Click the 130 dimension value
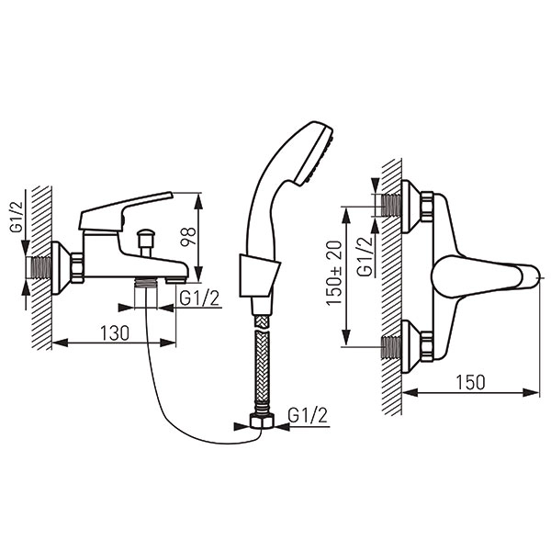point(115,332)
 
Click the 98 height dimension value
point(188,237)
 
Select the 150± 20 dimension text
point(334,273)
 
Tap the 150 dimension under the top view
point(470,382)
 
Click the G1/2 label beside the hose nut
point(308,415)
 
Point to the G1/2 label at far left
point(17,217)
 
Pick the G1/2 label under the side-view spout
point(199,298)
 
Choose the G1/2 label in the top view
point(365,257)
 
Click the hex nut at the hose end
point(263,421)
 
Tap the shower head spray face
point(315,157)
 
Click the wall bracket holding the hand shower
point(259,275)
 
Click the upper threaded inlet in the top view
point(390,205)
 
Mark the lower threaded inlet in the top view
point(390,347)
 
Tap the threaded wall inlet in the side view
point(41,268)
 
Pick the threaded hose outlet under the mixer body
point(146,282)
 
